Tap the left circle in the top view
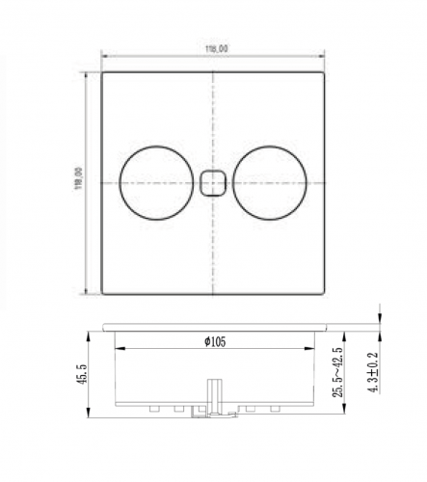point(154,181)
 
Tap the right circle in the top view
point(271,181)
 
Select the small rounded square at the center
point(213,181)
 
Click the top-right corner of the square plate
point(325,71)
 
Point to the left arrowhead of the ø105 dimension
point(118,349)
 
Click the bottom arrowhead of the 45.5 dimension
point(92,417)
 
